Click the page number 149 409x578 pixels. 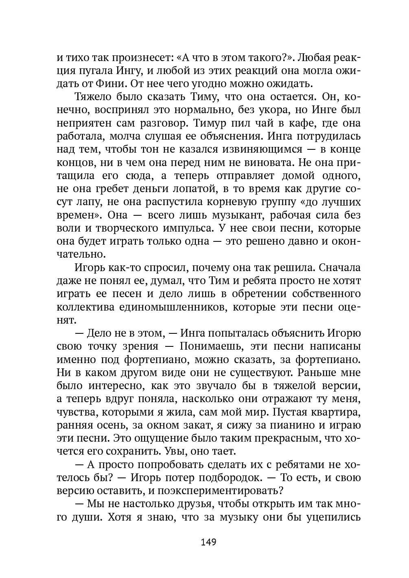pos(208,542)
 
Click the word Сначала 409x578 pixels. pos(340,268)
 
